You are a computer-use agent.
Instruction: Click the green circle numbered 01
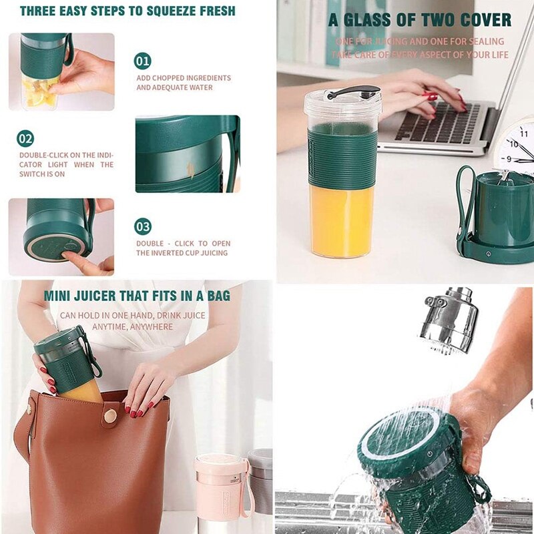143,61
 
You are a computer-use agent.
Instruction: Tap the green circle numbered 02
25,139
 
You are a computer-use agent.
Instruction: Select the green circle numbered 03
143,226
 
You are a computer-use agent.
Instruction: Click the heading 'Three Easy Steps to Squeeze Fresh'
127,11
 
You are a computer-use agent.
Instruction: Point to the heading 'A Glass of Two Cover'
420,19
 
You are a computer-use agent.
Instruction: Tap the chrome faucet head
449,321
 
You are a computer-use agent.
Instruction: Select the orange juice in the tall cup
342,220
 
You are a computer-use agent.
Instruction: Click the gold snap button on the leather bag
110,415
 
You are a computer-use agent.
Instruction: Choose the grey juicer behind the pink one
261,481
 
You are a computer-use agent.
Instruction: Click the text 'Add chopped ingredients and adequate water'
184,83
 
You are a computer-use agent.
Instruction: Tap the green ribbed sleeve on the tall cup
342,156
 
